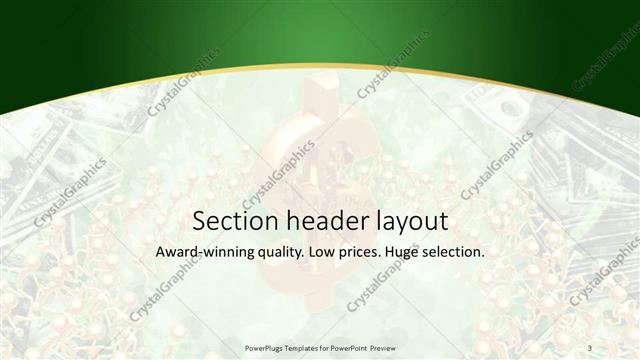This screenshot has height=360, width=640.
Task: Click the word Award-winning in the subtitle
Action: pyautogui.click(x=206, y=252)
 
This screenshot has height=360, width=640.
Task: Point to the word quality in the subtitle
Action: pyautogui.click(x=280, y=253)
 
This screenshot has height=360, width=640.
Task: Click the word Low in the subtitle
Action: pyautogui.click(x=322, y=252)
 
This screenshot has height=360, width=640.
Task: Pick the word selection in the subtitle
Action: pyautogui.click(x=454, y=252)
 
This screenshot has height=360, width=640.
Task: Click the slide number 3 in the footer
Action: pyautogui.click(x=589, y=347)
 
